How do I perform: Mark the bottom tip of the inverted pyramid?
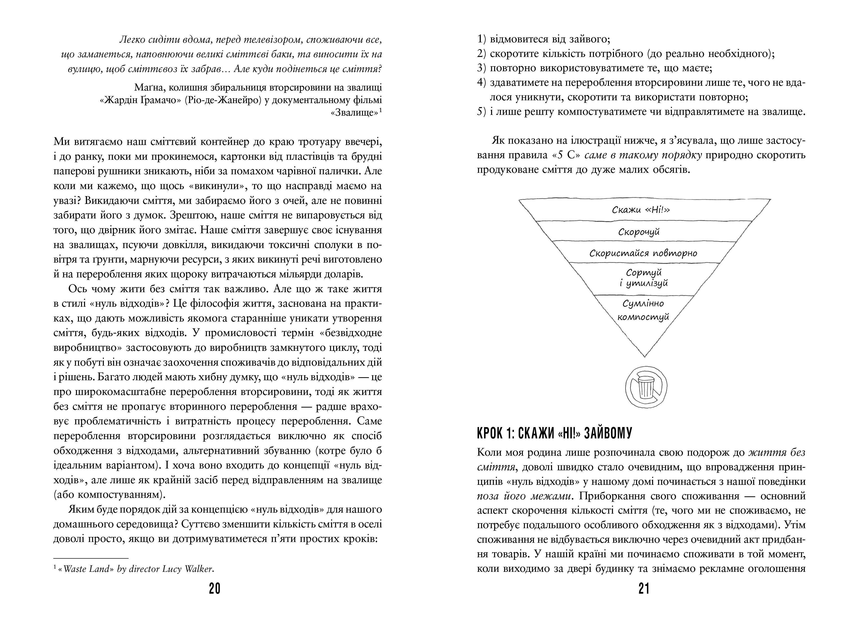tap(644, 356)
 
